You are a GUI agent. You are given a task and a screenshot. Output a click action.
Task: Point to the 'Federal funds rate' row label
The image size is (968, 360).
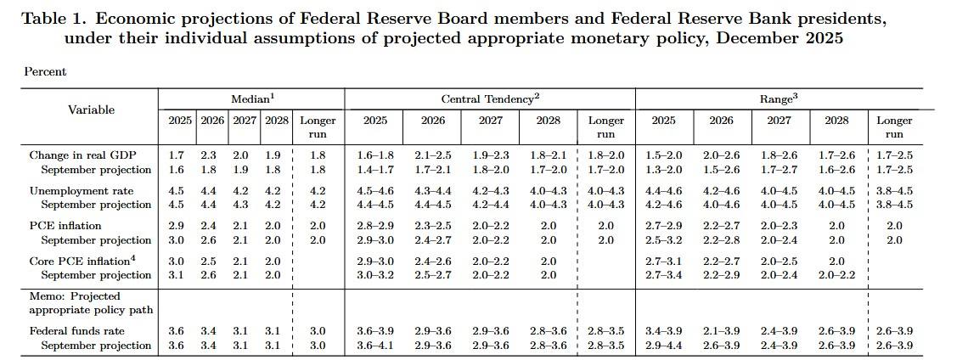(x=77, y=331)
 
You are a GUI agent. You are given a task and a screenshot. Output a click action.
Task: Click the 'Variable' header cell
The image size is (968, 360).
(x=91, y=110)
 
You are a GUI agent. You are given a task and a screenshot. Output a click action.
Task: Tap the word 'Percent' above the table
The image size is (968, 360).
(x=45, y=72)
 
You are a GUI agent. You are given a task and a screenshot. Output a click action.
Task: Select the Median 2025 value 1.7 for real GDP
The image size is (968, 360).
(x=176, y=155)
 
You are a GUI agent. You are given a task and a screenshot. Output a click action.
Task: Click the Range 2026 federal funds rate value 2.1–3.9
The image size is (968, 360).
(x=722, y=331)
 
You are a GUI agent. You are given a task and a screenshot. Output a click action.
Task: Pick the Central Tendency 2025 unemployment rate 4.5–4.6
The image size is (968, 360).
(x=374, y=190)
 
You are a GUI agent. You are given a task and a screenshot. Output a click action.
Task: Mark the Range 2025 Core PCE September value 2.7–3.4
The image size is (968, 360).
(x=664, y=274)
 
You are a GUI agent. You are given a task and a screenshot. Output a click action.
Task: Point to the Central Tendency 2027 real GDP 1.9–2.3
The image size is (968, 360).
(x=490, y=155)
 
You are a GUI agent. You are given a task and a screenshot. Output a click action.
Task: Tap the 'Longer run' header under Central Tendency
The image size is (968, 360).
(x=605, y=127)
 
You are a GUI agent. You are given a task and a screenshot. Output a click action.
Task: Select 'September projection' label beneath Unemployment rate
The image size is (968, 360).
(x=97, y=205)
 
